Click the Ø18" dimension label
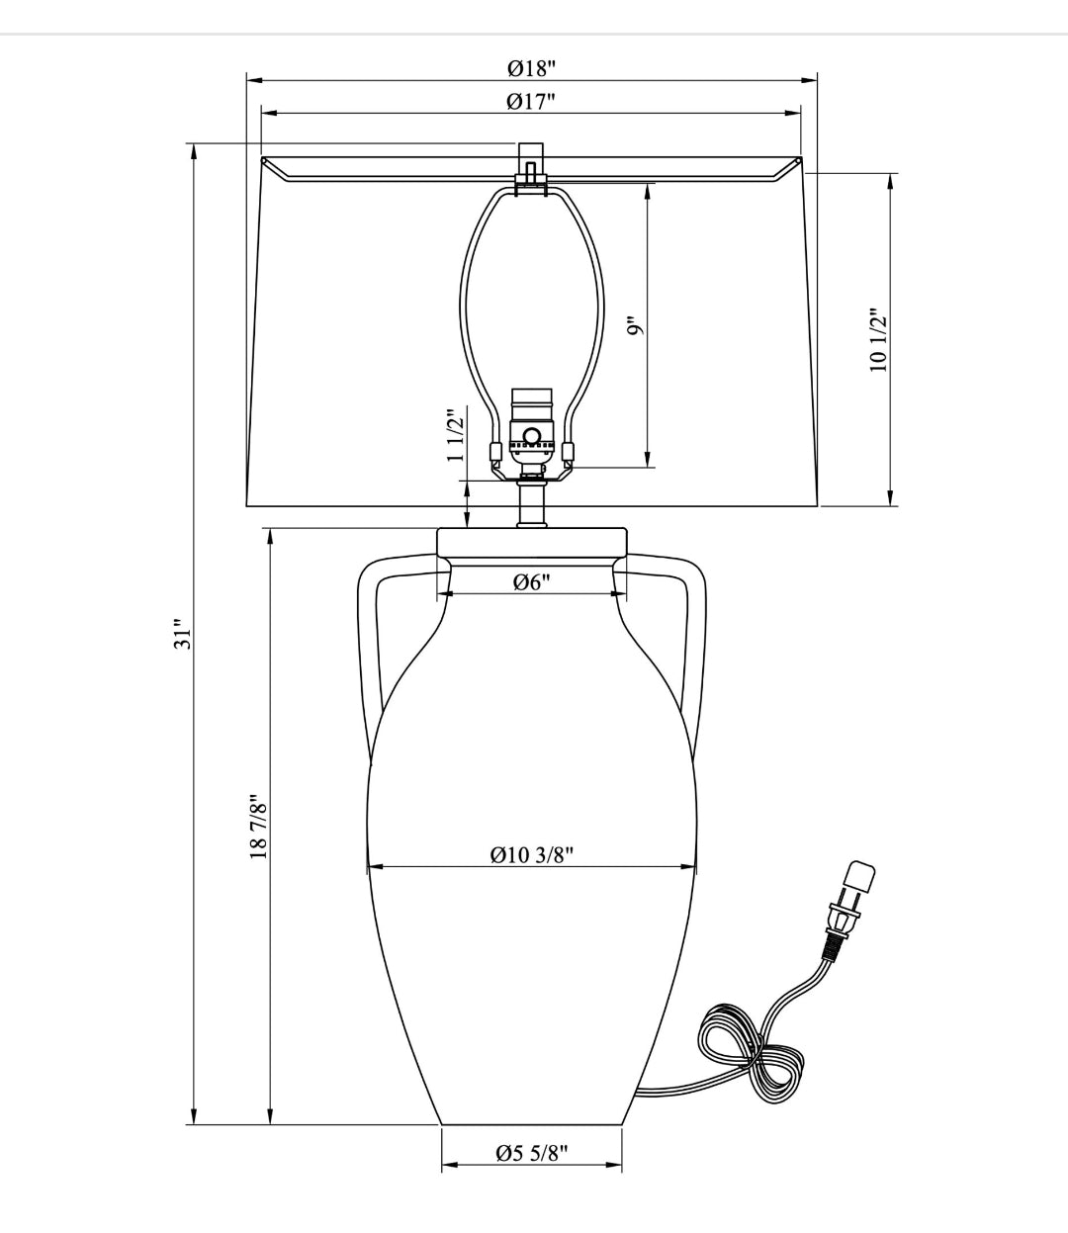click(x=531, y=68)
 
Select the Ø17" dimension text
click(x=531, y=102)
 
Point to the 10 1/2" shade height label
click(x=878, y=340)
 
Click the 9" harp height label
click(x=637, y=325)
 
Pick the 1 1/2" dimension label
click(x=455, y=435)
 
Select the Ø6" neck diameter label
click(x=532, y=581)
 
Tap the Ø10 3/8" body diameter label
click(x=532, y=855)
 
